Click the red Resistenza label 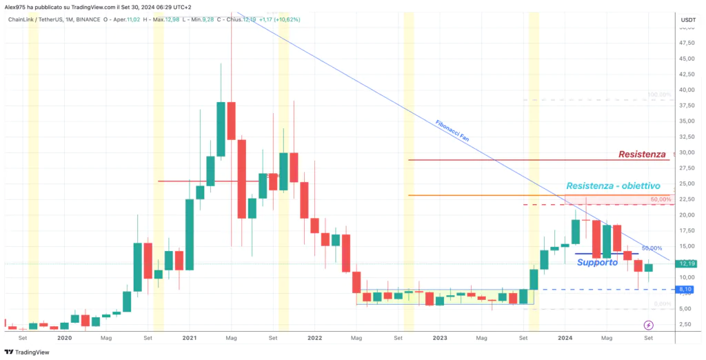click(x=642, y=154)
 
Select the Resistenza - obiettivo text click(x=613, y=186)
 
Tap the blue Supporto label click(x=597, y=263)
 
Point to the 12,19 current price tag click(x=687, y=263)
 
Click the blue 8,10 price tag click(x=687, y=289)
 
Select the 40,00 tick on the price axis click(x=687, y=90)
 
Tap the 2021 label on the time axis click(x=190, y=338)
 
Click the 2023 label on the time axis click(x=440, y=338)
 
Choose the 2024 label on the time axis click(x=565, y=338)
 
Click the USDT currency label click(x=687, y=20)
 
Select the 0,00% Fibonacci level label click(x=662, y=303)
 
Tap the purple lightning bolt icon click(x=649, y=325)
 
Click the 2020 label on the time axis click(x=64, y=338)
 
